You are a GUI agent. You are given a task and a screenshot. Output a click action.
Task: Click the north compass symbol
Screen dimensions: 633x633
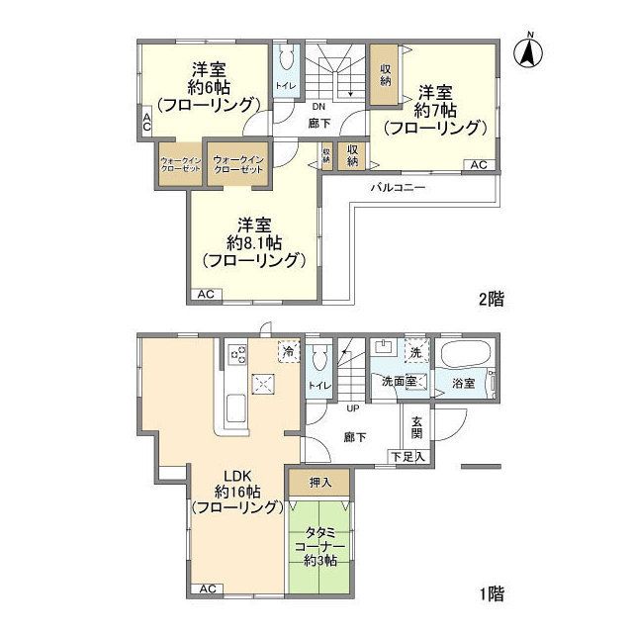pos(530,50)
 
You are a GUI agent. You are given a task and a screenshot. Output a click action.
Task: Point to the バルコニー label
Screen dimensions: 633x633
pos(399,186)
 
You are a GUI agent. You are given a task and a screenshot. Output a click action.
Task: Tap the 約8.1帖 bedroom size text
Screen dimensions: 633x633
pos(254,242)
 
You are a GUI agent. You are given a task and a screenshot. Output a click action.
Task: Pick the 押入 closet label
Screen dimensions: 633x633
pos(318,482)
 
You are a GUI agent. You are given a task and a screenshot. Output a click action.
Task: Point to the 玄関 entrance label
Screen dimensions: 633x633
pos(416,426)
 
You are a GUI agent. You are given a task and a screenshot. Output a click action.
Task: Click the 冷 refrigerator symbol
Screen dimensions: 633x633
pos(288,351)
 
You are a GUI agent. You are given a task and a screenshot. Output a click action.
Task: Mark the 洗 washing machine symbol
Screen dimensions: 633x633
pos(416,352)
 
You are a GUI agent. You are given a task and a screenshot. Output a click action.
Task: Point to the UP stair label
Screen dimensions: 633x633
pos(351,407)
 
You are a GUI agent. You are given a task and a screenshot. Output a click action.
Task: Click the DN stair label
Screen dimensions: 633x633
pos(318,107)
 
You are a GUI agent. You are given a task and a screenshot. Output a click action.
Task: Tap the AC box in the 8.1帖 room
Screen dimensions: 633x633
pos(207,294)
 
